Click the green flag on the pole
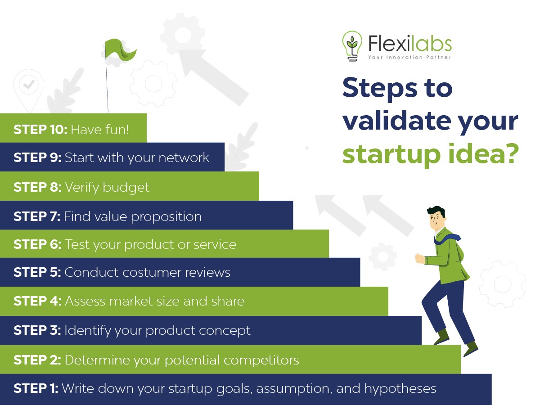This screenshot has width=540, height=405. point(120,50)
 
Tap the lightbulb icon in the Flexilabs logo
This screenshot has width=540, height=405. point(352,46)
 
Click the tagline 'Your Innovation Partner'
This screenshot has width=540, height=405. point(409,57)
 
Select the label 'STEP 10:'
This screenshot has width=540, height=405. point(40,130)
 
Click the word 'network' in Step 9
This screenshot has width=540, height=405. point(184,157)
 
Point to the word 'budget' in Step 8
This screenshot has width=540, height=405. point(126,188)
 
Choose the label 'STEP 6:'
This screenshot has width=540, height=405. point(37,244)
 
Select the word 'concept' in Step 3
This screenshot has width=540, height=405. point(225,331)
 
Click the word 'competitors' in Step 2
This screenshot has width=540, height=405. point(261,360)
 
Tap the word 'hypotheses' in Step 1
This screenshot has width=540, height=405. point(400,389)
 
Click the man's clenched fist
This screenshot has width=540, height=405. point(419,259)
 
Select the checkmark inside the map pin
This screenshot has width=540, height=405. point(28,85)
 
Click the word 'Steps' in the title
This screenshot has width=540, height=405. point(380,88)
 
